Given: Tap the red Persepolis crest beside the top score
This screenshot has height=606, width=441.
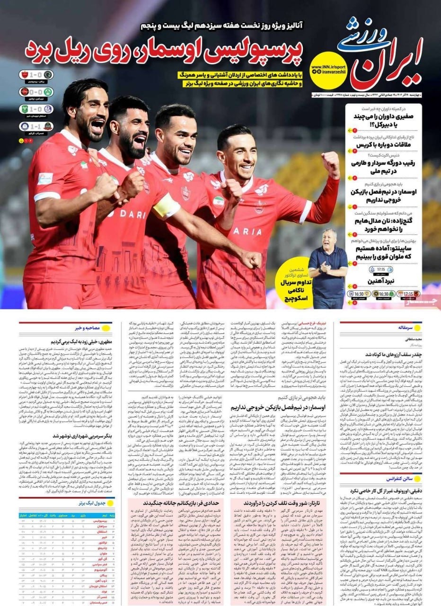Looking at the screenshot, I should [x=25, y=75].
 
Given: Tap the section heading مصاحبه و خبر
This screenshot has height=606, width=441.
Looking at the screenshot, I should [x=86, y=327].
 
